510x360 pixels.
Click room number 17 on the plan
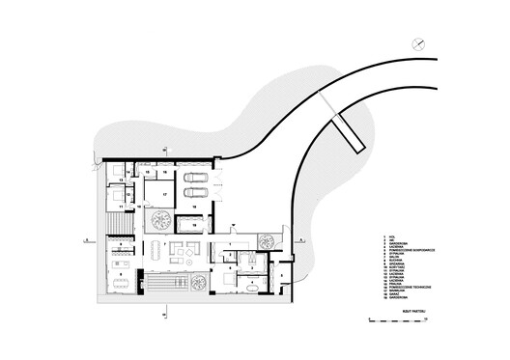[x=165, y=193]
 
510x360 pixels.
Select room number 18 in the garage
[x=193, y=206]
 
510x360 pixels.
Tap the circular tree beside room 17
[x=161, y=221]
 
